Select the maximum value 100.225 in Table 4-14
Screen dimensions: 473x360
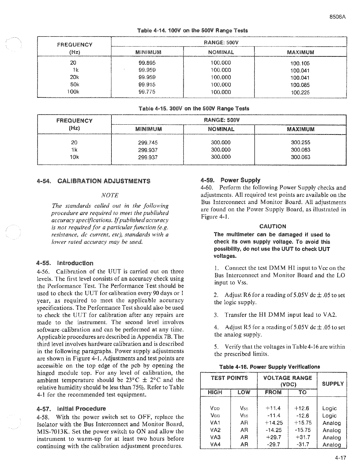[300, 93]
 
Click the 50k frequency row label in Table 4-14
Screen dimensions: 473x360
[73, 85]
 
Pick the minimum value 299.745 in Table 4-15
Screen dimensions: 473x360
[148, 142]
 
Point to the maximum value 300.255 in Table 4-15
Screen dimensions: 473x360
[300, 142]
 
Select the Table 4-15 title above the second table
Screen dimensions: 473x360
[193, 108]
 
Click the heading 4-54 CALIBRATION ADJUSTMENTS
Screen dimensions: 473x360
[93, 181]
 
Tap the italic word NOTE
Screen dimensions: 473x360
[110, 195]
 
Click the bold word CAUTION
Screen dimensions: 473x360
[272, 226]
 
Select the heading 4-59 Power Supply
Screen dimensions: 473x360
[231, 180]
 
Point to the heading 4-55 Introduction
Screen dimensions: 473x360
[65, 263]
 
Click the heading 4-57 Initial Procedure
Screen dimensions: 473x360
[71, 409]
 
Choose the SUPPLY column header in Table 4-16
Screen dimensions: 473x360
[333, 384]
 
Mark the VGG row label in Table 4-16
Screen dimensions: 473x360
[215, 416]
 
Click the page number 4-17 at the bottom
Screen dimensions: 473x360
[340, 458]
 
